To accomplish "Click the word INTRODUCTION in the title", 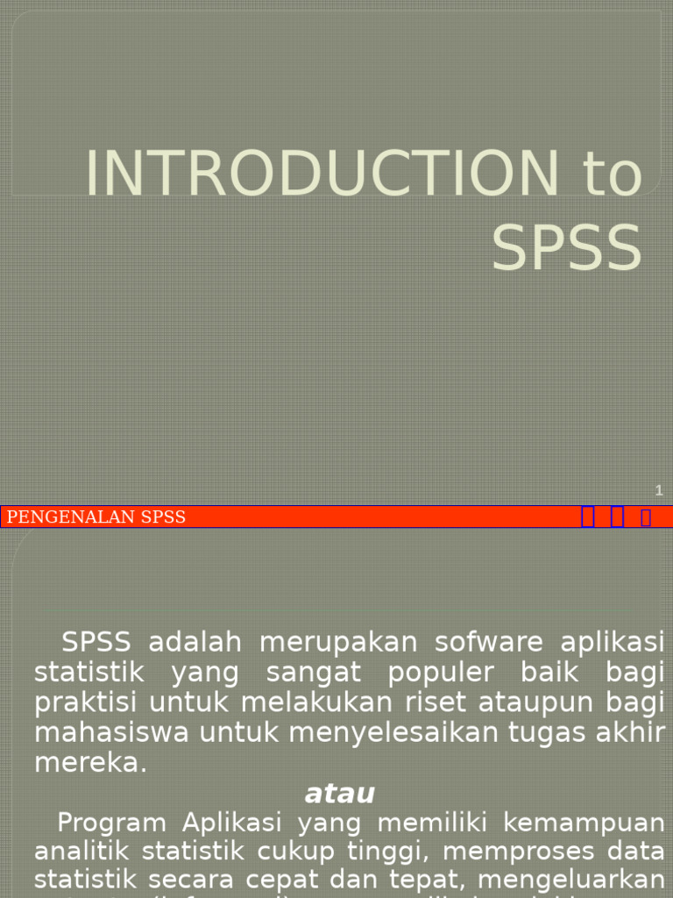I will [320, 174].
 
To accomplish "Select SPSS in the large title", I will [566, 248].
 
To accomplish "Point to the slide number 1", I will [659, 490].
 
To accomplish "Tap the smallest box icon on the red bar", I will [646, 517].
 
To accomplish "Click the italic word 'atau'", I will [340, 794].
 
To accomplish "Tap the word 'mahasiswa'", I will [111, 732].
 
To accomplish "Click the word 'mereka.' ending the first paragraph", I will [90, 763].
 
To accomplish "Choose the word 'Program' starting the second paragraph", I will [111, 823].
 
